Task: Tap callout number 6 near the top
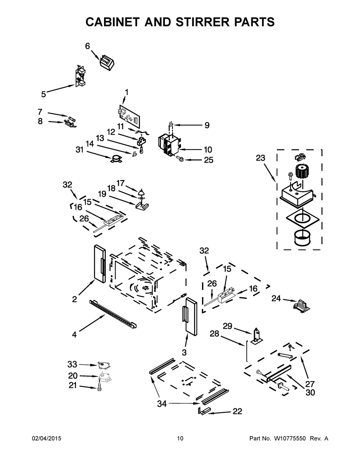(87, 46)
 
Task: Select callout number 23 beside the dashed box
(260, 158)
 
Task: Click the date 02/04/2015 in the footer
(46, 438)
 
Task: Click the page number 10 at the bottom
(180, 438)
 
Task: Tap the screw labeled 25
(179, 158)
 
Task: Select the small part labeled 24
(301, 305)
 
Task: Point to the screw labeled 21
(99, 387)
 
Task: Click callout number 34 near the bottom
(162, 404)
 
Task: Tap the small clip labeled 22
(203, 411)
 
